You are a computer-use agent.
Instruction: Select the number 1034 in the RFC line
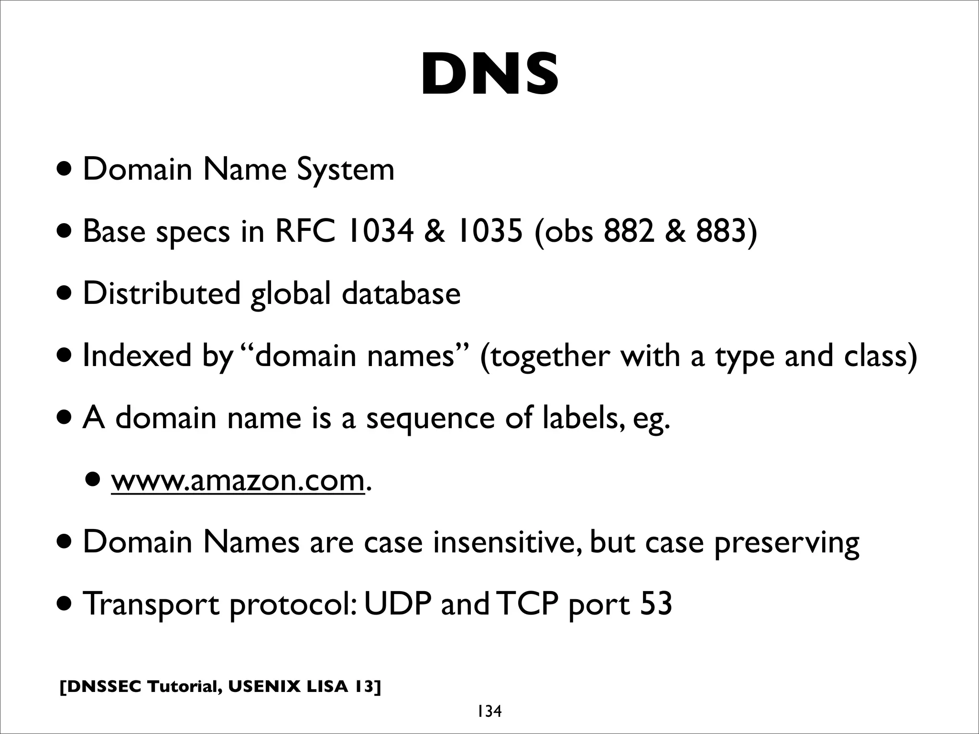381,231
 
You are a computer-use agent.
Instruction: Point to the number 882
629,231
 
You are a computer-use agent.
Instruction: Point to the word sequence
430,419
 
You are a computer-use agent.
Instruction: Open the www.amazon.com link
238,480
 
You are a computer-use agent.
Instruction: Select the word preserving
786,543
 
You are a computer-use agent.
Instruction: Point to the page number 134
489,712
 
